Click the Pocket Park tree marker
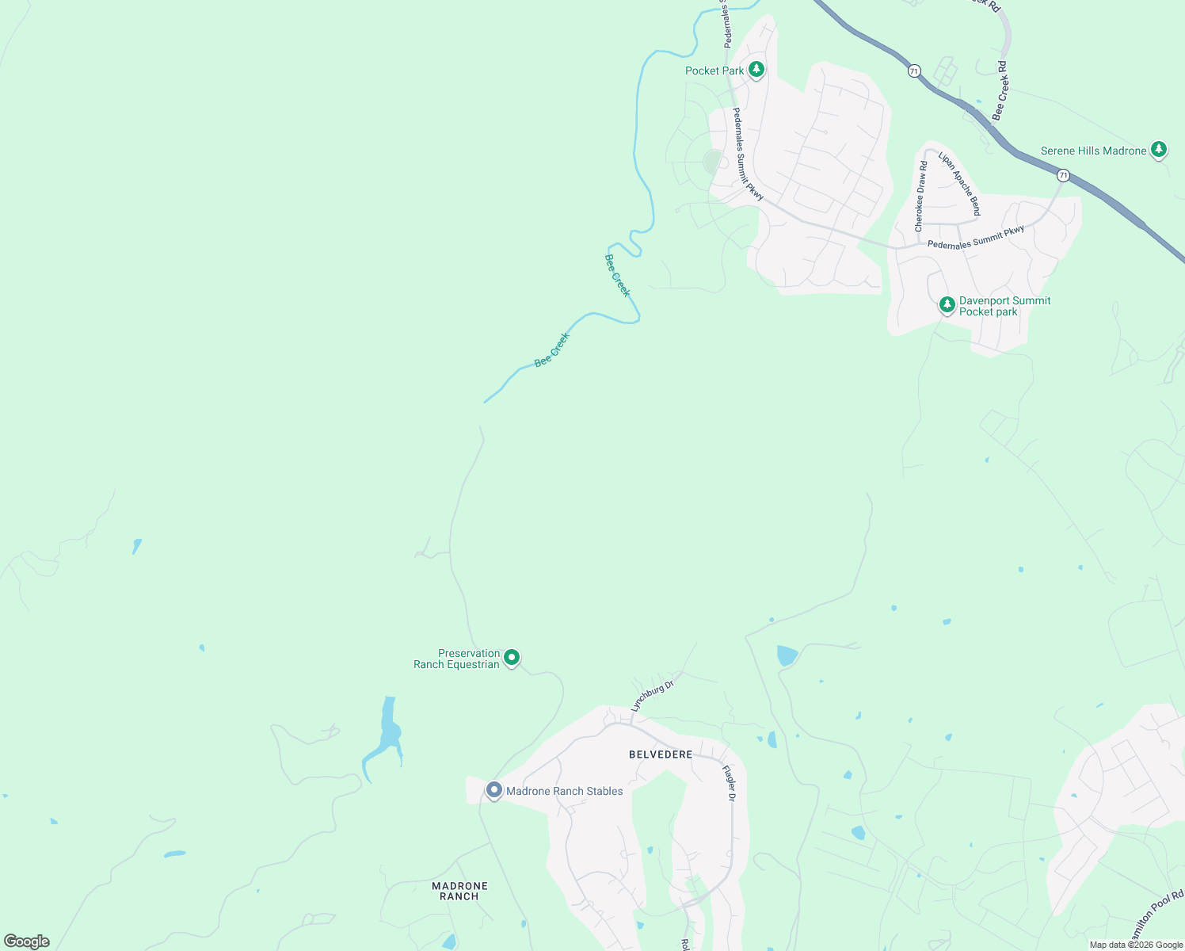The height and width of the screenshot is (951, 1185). point(756,70)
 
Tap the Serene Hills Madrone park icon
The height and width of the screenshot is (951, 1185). point(1159,149)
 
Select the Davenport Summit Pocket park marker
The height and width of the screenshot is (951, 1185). point(947,304)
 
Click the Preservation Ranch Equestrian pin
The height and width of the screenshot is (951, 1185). point(512,657)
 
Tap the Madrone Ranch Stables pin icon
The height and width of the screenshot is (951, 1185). point(494,790)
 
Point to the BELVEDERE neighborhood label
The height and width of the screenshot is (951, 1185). point(661,754)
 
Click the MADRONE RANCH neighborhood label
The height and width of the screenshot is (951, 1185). point(459,891)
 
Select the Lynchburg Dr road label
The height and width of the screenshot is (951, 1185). point(652,695)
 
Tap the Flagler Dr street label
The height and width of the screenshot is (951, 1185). point(728,782)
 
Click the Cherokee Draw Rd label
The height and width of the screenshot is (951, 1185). point(921,197)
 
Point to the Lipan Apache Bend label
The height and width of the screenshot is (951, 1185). point(960,183)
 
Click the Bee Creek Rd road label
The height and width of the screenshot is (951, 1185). point(1000,90)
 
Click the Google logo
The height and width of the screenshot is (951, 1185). point(27,941)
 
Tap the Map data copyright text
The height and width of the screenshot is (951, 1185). point(1136,945)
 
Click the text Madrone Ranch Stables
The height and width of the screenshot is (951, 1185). point(564,791)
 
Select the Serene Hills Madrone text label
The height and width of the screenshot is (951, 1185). point(1093,151)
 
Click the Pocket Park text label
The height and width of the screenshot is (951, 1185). point(714,71)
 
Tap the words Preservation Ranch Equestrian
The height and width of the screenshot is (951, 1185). point(457,659)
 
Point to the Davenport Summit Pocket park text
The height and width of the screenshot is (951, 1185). point(1004,306)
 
